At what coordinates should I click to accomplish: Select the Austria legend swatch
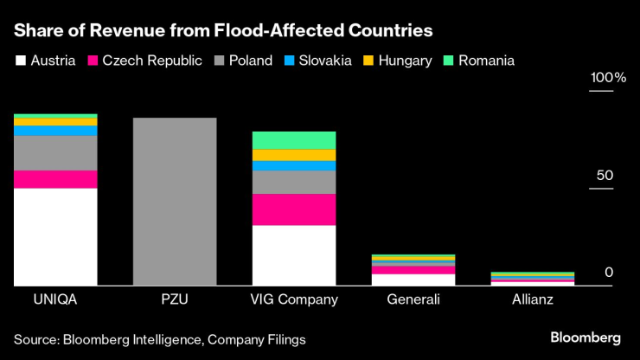tap(20, 61)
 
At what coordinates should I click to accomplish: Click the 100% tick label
tap(607, 79)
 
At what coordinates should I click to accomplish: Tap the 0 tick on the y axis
tap(608, 273)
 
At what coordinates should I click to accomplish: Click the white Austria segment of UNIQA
tap(55, 236)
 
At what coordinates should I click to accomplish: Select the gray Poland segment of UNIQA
tap(55, 153)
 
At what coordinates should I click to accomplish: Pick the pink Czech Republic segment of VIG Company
tap(294, 209)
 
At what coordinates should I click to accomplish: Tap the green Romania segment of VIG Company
tap(294, 140)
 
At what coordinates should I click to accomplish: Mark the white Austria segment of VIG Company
tap(294, 255)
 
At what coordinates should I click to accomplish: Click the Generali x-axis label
tap(413, 299)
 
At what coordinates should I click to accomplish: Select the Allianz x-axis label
tap(533, 299)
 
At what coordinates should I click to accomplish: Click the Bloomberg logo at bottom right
tap(586, 336)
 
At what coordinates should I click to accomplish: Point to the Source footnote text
tap(159, 339)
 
